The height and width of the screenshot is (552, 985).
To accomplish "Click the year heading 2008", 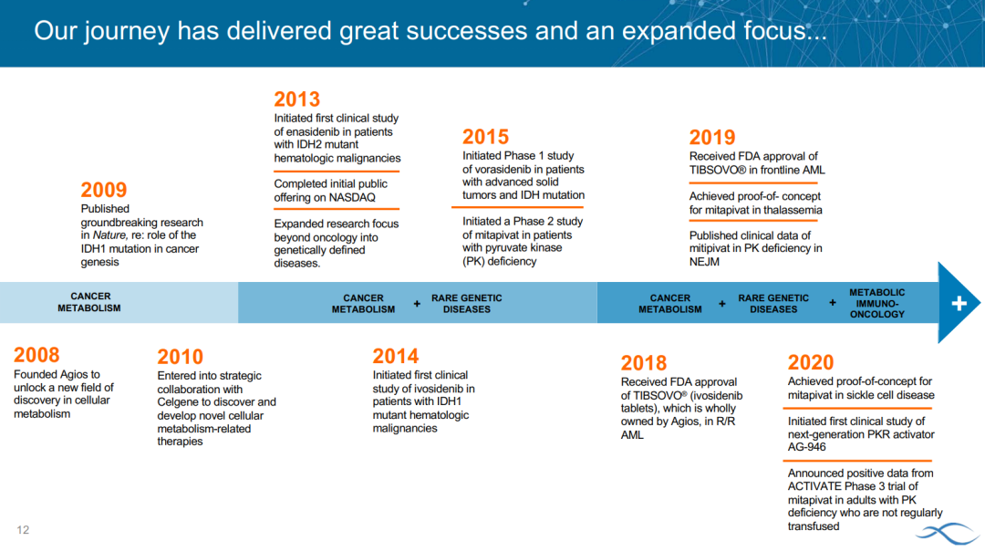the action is click(36, 355).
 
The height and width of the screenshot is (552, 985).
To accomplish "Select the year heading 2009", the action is click(104, 190).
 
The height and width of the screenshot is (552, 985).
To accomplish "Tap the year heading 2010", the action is click(181, 357).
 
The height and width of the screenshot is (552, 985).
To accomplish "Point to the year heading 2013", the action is click(297, 99).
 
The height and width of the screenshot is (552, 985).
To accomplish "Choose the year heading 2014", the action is click(396, 357).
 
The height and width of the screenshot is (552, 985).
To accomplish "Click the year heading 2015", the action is click(485, 137).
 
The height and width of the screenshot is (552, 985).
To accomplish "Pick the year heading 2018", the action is click(644, 363).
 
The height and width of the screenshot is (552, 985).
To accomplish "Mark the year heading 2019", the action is click(712, 138).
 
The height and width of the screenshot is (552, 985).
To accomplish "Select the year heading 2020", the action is click(811, 363).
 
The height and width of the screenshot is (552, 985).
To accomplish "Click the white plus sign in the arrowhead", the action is click(959, 304).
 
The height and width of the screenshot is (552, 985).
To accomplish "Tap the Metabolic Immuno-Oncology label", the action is click(877, 303).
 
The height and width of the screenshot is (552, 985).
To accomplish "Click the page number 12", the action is click(23, 530).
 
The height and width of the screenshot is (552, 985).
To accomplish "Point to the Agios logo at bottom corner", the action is click(949, 534).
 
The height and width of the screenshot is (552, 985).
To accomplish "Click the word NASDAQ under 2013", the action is click(354, 197).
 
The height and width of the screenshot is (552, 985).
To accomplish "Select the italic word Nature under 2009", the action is click(110, 235).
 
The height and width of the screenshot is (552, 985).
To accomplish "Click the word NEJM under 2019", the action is click(704, 262).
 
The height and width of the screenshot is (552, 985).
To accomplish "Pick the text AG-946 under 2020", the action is click(807, 447).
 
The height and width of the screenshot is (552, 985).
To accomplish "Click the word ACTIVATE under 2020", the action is click(814, 486).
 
